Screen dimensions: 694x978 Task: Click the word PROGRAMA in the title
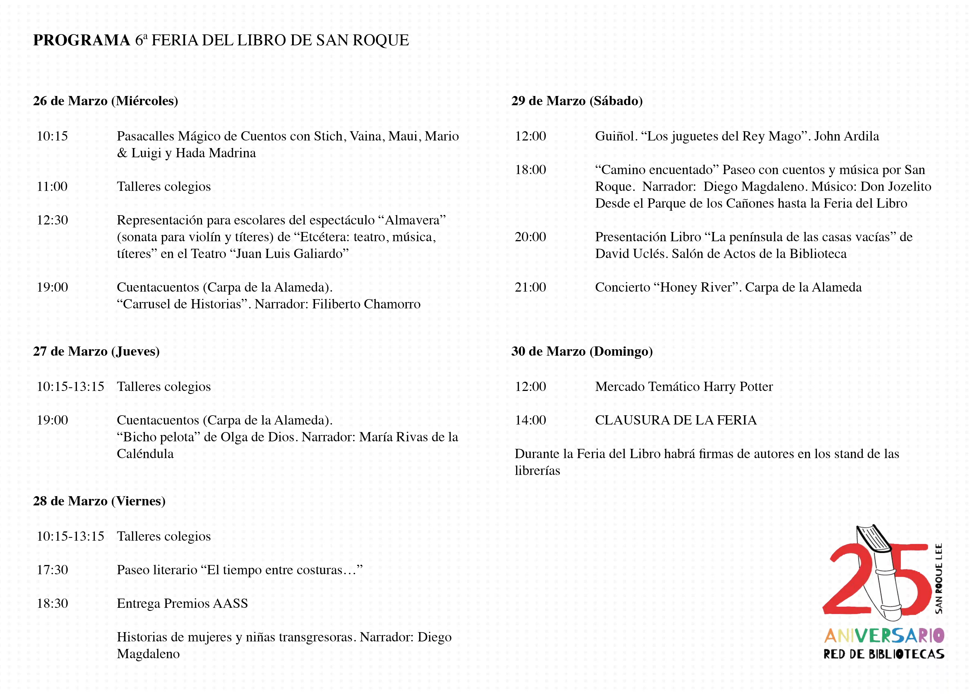pyautogui.click(x=81, y=40)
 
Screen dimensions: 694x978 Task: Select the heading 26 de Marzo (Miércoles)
pyautogui.click(x=105, y=101)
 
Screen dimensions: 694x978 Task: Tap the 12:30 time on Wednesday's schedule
pyautogui.click(x=52, y=220)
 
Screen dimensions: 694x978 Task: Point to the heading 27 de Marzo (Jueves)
pyautogui.click(x=96, y=351)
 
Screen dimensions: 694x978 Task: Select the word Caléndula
pyautogui.click(x=145, y=454)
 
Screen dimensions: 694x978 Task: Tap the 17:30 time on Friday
pyautogui.click(x=52, y=570)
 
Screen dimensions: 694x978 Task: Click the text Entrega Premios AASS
pyautogui.click(x=182, y=603)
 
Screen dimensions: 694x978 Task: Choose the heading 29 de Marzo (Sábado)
pyautogui.click(x=577, y=101)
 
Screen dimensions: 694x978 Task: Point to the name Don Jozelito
pyautogui.click(x=895, y=187)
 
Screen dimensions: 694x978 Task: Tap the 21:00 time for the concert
pyautogui.click(x=530, y=287)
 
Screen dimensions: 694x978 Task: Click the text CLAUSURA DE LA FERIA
pyautogui.click(x=676, y=420)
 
